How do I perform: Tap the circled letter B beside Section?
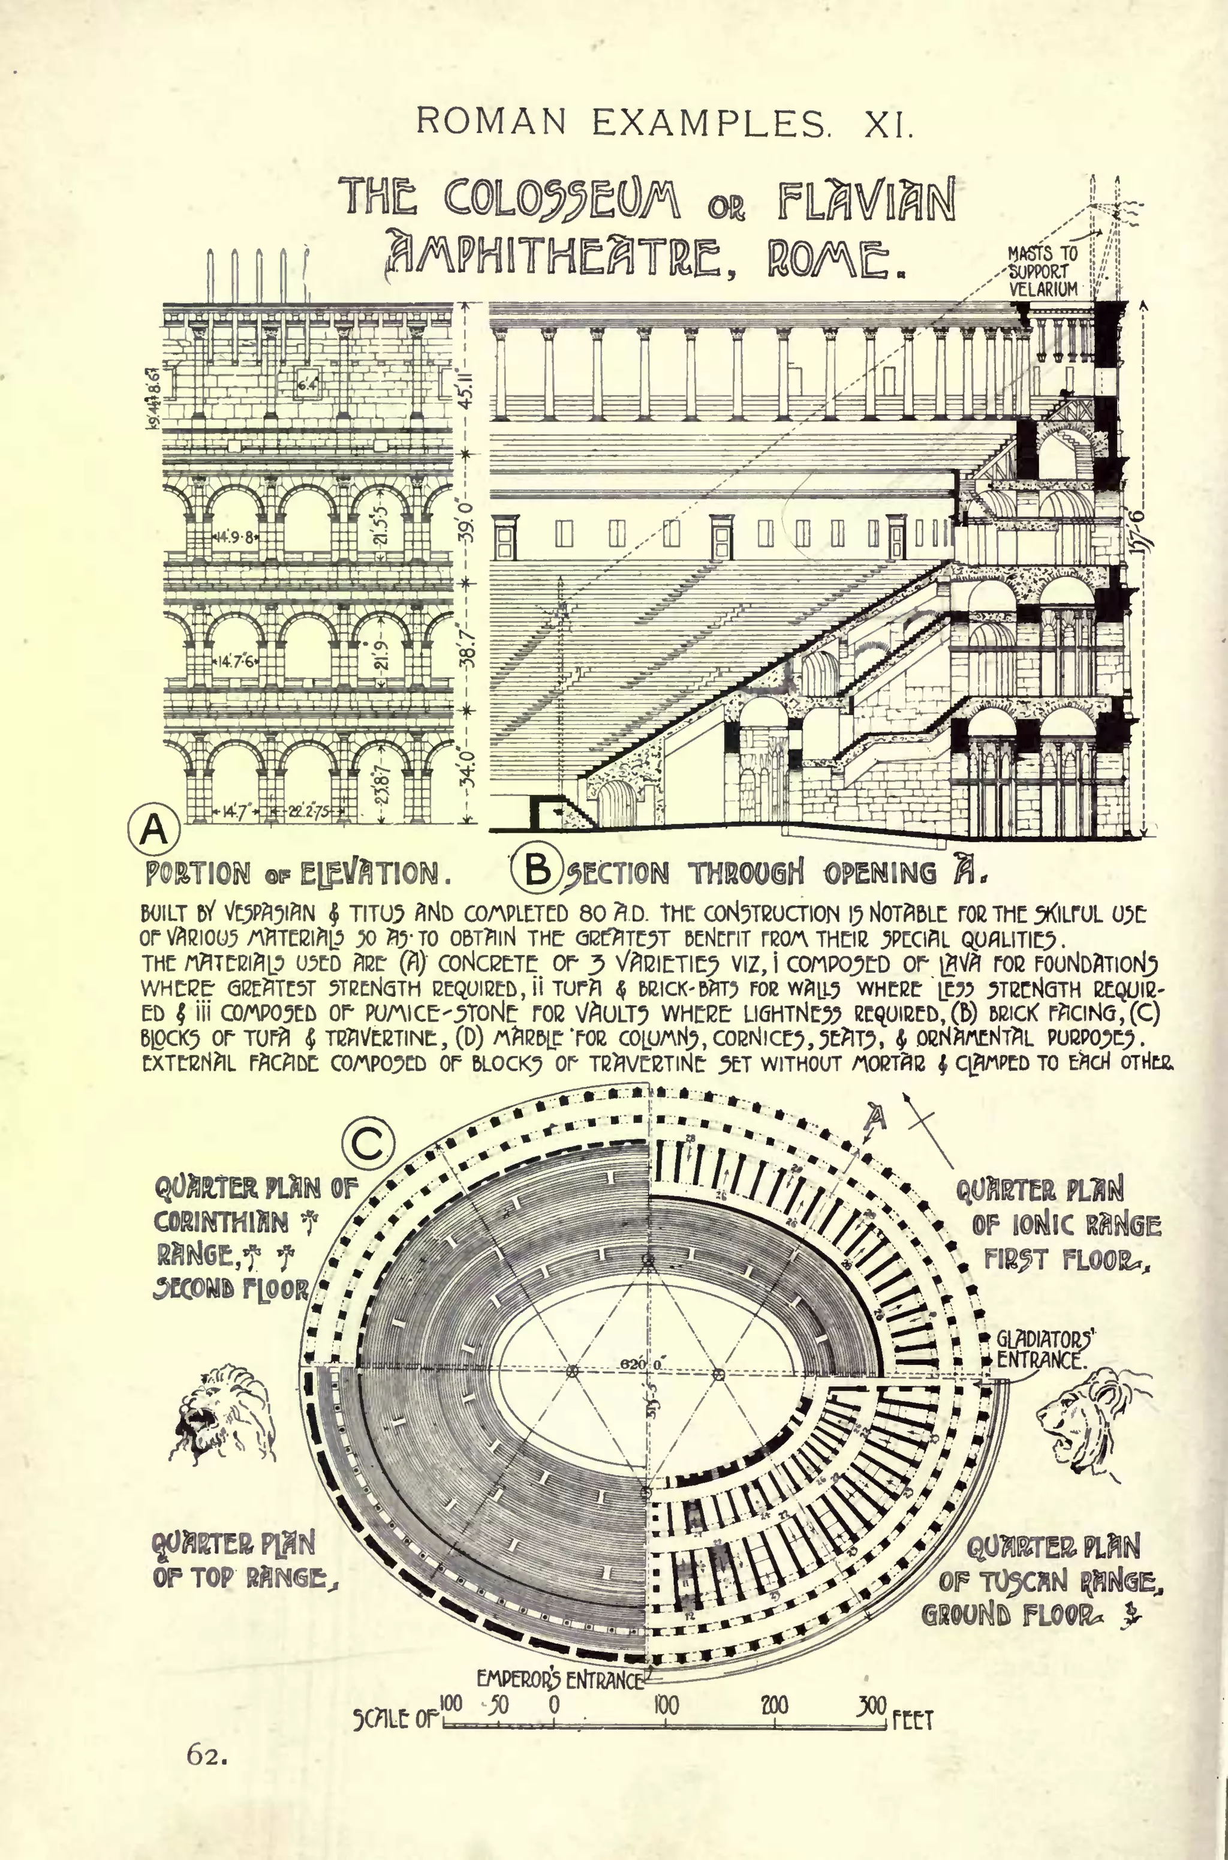point(537,870)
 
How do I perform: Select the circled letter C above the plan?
point(368,1146)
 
